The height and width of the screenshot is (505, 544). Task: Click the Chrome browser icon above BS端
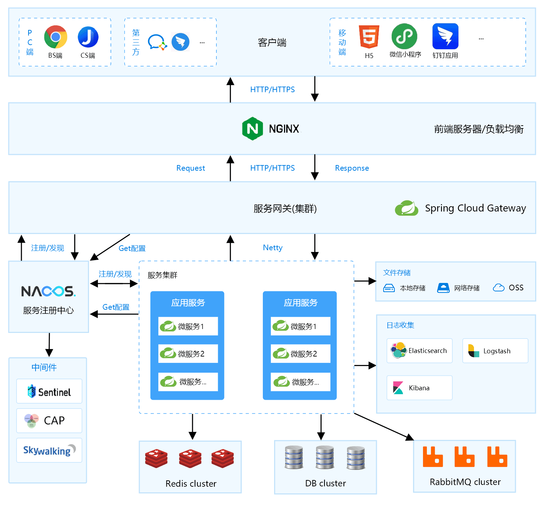click(x=56, y=37)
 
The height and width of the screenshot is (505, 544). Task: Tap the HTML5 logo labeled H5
click(x=369, y=37)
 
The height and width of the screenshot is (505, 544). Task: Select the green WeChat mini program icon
click(x=404, y=36)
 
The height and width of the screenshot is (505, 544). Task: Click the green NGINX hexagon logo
click(x=253, y=129)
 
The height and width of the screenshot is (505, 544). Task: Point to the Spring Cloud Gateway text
click(x=475, y=208)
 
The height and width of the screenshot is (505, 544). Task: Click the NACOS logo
click(x=49, y=291)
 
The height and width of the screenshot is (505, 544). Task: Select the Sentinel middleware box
click(x=49, y=391)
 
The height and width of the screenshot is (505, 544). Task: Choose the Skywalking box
click(x=49, y=450)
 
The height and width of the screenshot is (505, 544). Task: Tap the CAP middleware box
click(x=49, y=421)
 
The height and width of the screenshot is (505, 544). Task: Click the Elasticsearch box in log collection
click(x=419, y=351)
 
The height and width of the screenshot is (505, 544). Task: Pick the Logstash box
click(x=495, y=351)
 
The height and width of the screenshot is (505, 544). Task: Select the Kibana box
click(x=419, y=388)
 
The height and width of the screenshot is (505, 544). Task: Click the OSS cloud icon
click(x=499, y=288)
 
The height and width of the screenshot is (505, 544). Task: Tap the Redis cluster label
click(x=191, y=484)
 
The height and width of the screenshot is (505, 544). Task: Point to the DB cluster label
click(x=325, y=483)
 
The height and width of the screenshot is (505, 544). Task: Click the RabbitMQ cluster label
click(x=465, y=482)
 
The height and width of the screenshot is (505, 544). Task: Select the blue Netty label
click(x=273, y=248)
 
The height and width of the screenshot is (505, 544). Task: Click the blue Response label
click(x=352, y=168)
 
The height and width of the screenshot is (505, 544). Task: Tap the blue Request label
click(x=191, y=168)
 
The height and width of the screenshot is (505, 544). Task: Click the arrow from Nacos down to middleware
click(x=49, y=345)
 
